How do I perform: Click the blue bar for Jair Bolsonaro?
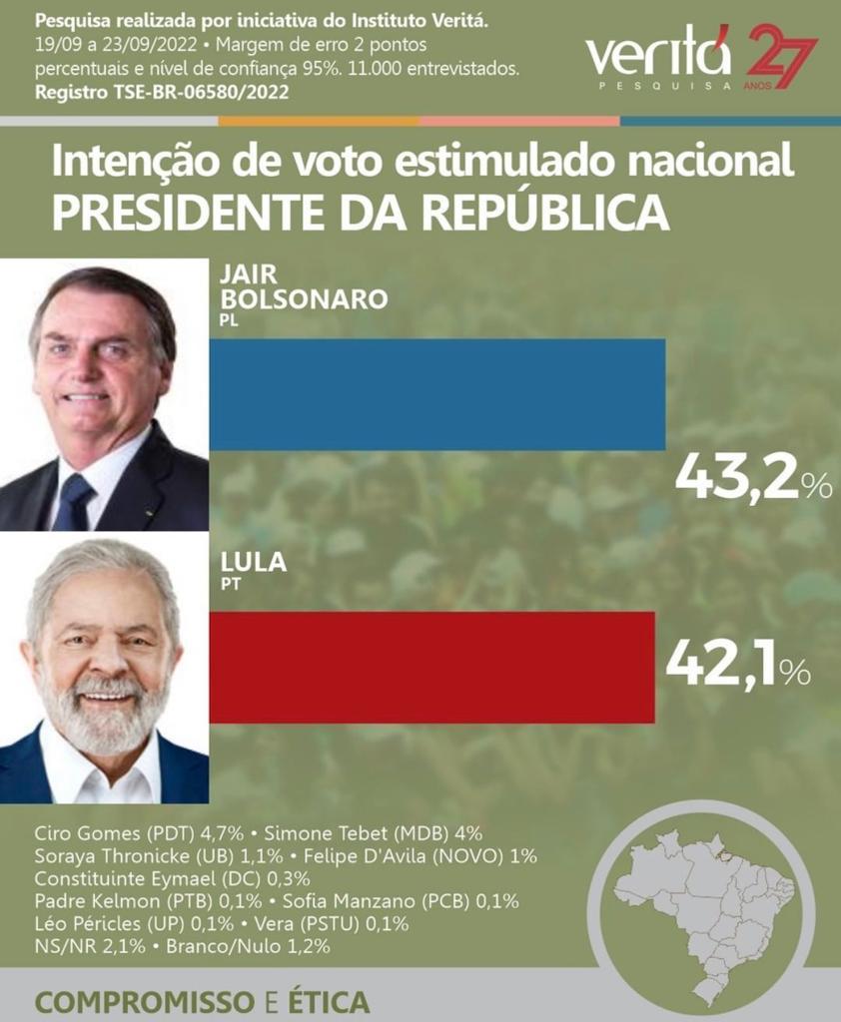pyautogui.click(x=436, y=394)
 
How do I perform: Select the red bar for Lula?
pyautogui.click(x=431, y=667)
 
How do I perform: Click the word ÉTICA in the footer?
pyautogui.click(x=323, y=1002)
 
